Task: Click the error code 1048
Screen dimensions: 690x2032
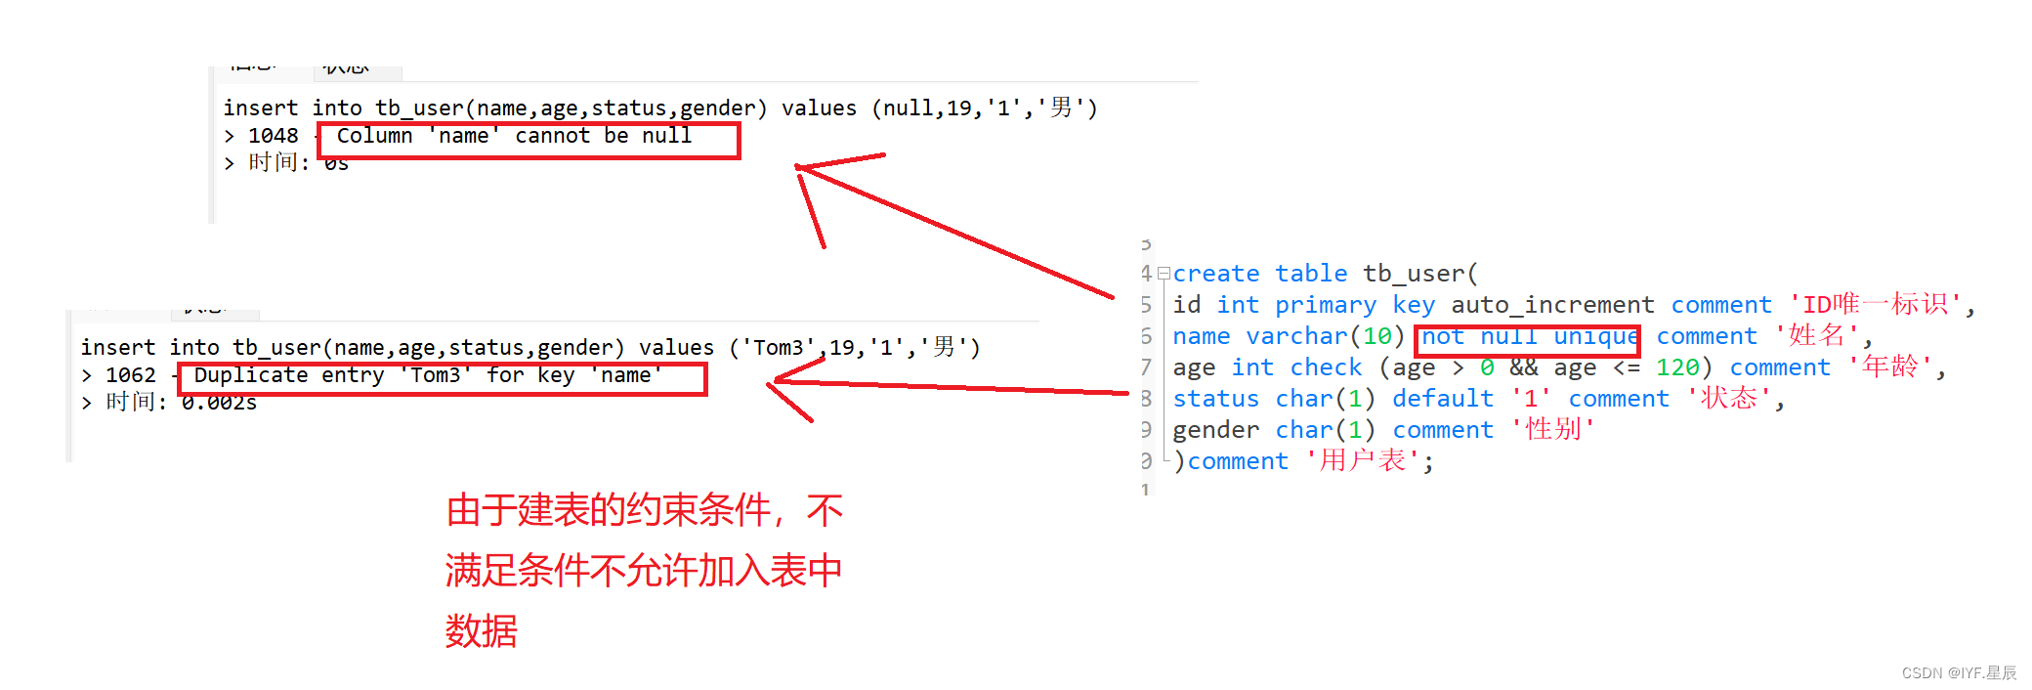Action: [x=273, y=136]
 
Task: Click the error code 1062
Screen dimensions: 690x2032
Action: [x=130, y=375]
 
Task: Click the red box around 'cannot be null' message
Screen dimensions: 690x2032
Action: [x=529, y=140]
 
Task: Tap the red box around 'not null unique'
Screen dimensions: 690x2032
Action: [x=1527, y=339]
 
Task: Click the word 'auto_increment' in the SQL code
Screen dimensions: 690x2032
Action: [x=1552, y=305]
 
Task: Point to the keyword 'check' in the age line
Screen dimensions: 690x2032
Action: [x=1326, y=367]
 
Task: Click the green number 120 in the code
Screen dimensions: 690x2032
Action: [x=1677, y=367]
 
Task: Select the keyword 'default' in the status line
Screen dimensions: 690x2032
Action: [x=1442, y=399]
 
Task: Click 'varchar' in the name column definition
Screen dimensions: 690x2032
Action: [x=1296, y=336]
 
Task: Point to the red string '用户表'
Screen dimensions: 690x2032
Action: [x=1363, y=460]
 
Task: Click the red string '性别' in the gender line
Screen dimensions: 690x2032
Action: [x=1553, y=429]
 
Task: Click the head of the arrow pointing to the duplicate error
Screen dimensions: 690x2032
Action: [x=777, y=381]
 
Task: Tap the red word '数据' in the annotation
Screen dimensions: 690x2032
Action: [x=481, y=631]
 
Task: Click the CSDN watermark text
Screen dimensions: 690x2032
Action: [x=1958, y=672]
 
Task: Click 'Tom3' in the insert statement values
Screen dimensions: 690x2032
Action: [x=778, y=348]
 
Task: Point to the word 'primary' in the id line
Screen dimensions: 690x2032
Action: [x=1325, y=305]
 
